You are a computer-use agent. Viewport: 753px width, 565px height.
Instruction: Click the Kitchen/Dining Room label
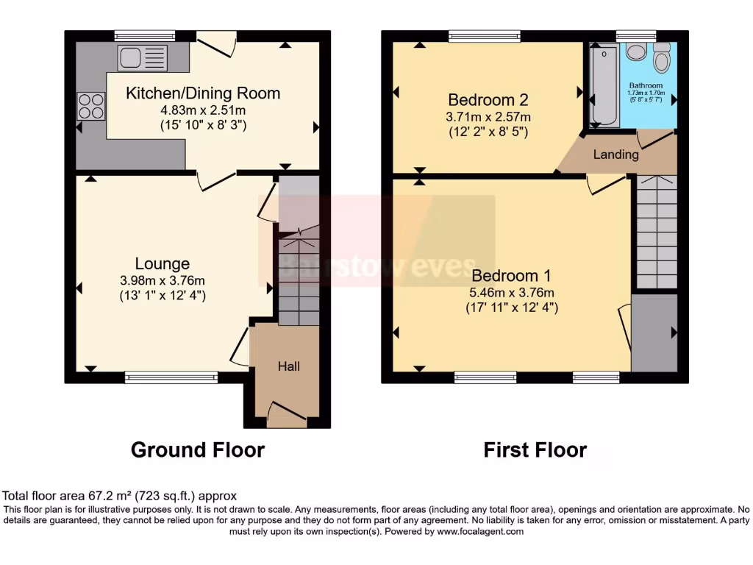(203, 93)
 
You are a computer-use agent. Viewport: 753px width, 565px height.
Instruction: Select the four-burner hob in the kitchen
(90, 106)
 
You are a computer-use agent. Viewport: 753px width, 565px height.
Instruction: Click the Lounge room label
(162, 263)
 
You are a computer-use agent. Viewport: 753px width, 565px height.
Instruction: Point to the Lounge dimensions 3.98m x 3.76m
(162, 280)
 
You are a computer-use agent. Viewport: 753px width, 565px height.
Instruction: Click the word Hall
(288, 366)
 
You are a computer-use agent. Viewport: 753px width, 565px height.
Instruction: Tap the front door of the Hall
(288, 414)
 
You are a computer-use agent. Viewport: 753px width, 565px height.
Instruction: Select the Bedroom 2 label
(488, 99)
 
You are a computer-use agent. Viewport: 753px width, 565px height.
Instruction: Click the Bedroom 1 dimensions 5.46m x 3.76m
(513, 292)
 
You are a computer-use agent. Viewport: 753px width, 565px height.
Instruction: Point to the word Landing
(615, 154)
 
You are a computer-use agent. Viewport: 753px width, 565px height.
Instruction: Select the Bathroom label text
(646, 86)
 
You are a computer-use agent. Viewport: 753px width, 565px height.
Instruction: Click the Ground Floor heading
(197, 449)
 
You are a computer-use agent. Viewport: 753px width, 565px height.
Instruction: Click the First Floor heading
(535, 449)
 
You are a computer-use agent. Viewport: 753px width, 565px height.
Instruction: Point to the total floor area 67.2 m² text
(120, 496)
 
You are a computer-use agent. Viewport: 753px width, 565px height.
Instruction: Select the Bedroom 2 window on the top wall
(485, 35)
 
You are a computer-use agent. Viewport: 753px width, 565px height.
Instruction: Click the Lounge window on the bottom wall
(171, 377)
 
